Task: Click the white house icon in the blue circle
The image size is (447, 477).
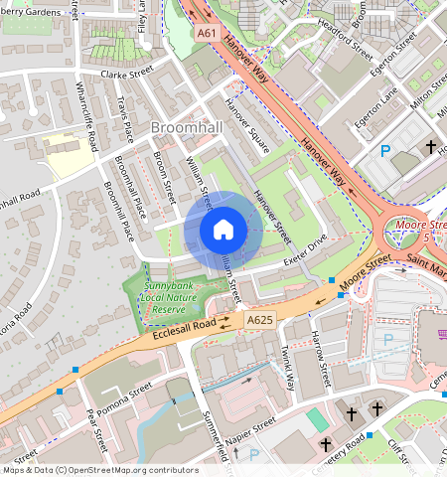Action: (223, 230)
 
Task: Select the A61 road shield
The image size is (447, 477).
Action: (207, 33)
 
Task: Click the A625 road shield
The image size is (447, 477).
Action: (259, 319)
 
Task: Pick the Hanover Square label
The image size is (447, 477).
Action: (247, 125)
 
